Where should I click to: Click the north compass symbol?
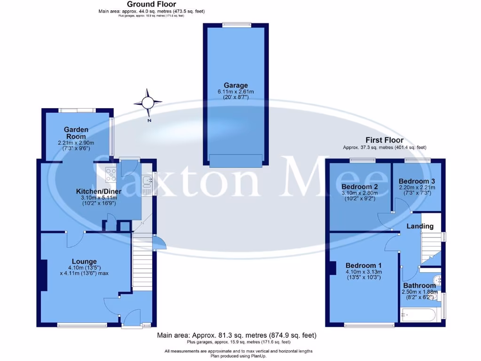[x=148, y=102]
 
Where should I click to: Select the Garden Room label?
[x=77, y=133]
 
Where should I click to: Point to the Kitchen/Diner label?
[x=99, y=191]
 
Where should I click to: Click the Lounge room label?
[x=84, y=261]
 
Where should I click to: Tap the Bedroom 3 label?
[x=417, y=181]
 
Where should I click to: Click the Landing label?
[x=420, y=226]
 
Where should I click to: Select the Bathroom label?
[x=419, y=285]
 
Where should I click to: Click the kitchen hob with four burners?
[x=111, y=174]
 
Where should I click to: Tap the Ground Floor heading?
[x=152, y=4]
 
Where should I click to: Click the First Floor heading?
[x=384, y=140]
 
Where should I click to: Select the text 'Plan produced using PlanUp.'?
[x=238, y=356]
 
